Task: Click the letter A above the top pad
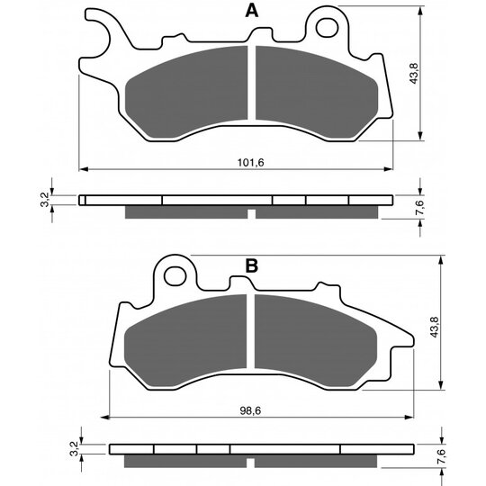point(251,11)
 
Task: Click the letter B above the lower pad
point(251,265)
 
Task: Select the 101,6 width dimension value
point(251,162)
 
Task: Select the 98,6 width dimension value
point(250,411)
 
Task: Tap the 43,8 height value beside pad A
point(414,74)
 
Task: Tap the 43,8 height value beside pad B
point(434,327)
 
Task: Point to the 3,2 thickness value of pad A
point(45,200)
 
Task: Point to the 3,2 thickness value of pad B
point(74,449)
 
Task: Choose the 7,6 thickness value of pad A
point(419,207)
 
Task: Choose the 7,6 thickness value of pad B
point(441,456)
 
